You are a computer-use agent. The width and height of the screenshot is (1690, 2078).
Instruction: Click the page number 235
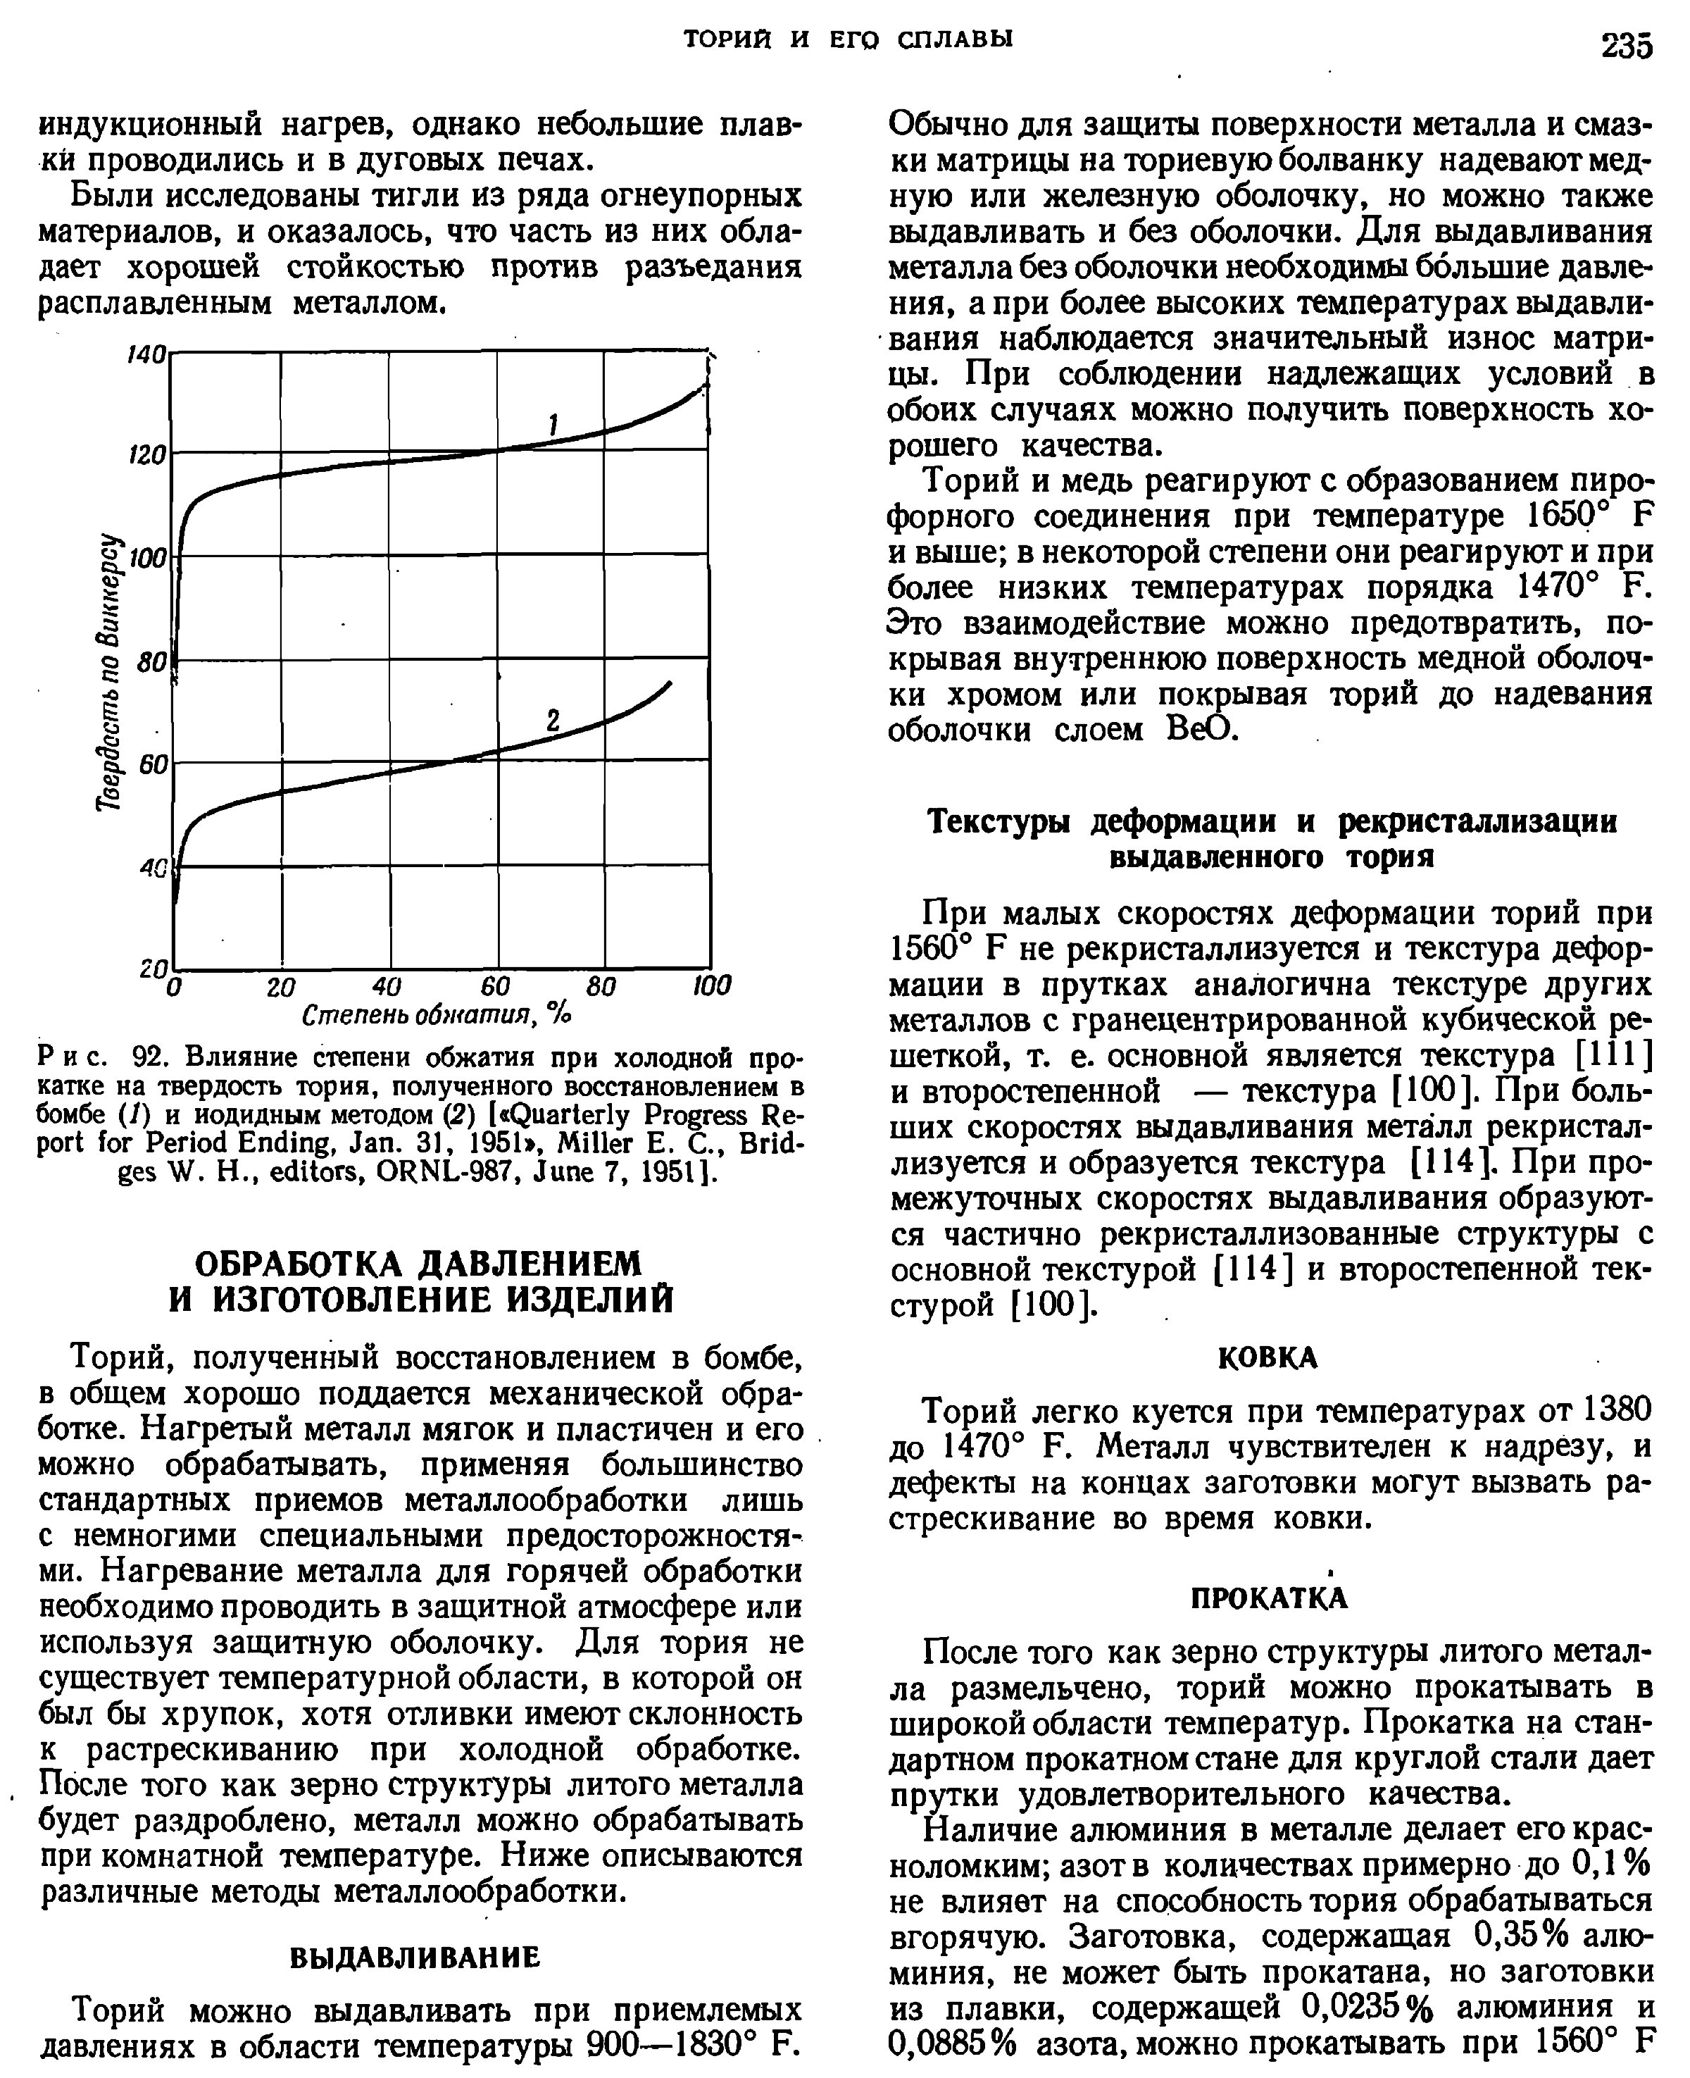(x=1626, y=45)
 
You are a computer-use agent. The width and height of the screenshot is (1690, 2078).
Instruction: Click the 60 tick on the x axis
(x=496, y=986)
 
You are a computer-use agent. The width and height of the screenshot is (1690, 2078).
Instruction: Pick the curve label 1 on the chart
(x=553, y=425)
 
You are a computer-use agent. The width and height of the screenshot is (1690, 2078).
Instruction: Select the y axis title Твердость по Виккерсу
(x=114, y=672)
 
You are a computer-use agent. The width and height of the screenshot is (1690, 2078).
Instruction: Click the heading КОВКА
(x=1268, y=1357)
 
